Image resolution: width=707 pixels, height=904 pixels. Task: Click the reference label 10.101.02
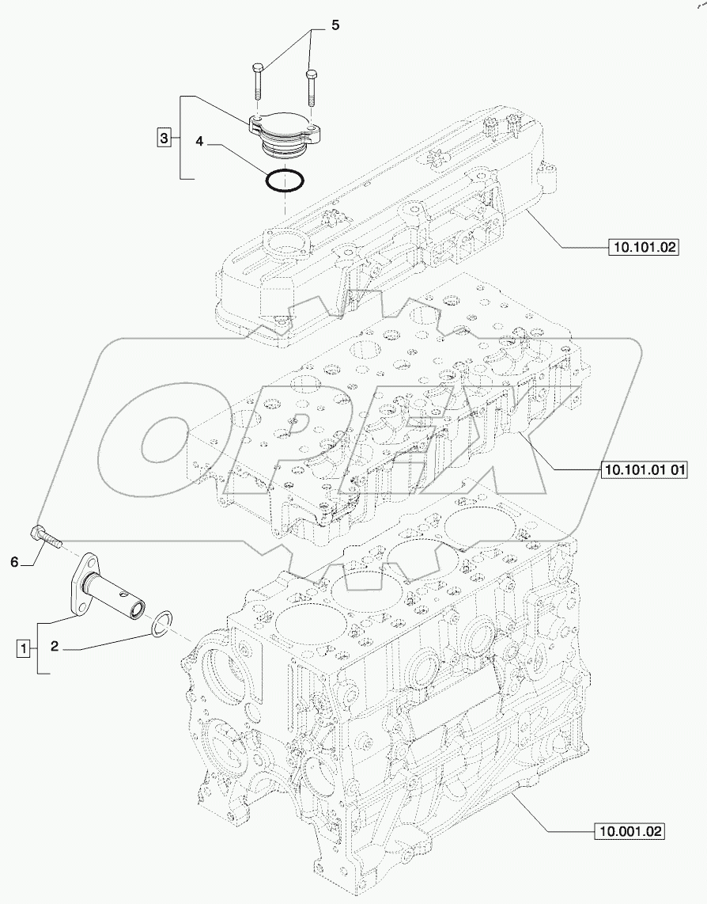pyautogui.click(x=644, y=248)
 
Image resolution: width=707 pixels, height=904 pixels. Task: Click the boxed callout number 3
pyautogui.click(x=163, y=139)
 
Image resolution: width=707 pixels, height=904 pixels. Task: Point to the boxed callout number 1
pyautogui.click(x=25, y=648)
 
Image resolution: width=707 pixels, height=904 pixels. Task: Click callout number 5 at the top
pyautogui.click(x=335, y=26)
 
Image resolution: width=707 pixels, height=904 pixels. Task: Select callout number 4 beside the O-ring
pyautogui.click(x=200, y=142)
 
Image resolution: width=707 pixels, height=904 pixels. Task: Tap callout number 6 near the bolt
pyautogui.click(x=13, y=563)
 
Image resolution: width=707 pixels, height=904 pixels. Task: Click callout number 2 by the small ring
pyautogui.click(x=55, y=647)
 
